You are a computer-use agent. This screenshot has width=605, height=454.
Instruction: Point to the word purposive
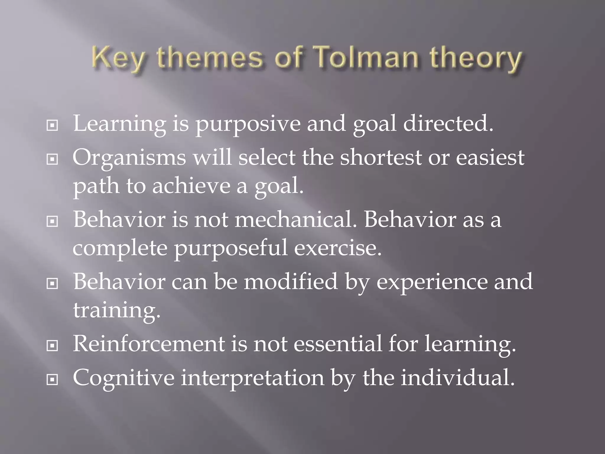pyautogui.click(x=248, y=124)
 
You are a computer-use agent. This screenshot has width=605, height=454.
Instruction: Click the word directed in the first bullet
pyautogui.click(x=448, y=123)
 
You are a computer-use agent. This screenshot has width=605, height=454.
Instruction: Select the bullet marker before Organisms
pyautogui.click(x=52, y=160)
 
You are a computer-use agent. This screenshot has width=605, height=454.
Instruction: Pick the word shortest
pyautogui.click(x=381, y=157)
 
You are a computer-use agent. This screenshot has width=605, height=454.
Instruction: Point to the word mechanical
pyautogui.click(x=295, y=219)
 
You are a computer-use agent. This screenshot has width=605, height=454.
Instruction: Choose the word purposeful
pyautogui.click(x=230, y=248)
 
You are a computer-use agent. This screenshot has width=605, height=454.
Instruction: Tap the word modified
pyautogui.click(x=291, y=281)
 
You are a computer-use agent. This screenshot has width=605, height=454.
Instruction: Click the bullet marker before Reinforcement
pyautogui.click(x=52, y=345)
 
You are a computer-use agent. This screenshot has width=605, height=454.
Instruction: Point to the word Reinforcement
pyautogui.click(x=149, y=343)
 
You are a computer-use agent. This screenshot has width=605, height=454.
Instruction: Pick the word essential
pyautogui.click(x=338, y=343)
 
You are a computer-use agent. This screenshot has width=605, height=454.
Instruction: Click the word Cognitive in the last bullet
pyautogui.click(x=123, y=378)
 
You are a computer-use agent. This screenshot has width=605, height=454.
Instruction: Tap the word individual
pyautogui.click(x=458, y=377)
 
